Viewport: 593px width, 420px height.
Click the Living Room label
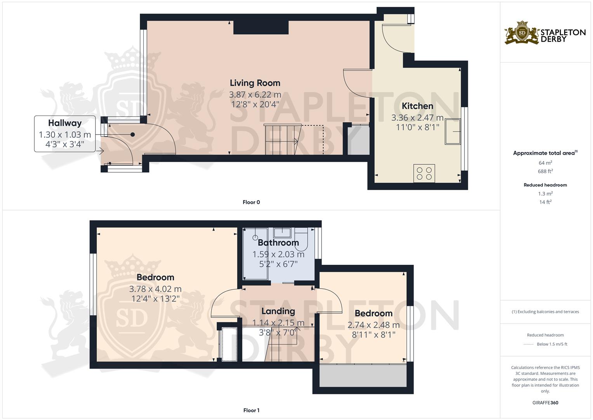255,83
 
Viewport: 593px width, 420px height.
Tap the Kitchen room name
417,106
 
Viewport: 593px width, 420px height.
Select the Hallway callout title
65,123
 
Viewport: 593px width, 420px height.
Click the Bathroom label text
278,243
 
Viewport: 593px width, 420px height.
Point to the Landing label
278,311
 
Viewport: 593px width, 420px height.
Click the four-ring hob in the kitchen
424,173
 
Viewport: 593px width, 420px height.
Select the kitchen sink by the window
452,131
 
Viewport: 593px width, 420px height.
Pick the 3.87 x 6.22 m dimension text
255,94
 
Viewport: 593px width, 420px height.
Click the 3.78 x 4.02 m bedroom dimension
155,289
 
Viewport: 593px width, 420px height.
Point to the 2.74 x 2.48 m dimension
373,325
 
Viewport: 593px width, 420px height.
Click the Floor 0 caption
251,202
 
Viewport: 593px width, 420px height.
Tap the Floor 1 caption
251,410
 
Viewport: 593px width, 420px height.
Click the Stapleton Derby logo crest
522,33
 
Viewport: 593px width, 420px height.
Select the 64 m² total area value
545,163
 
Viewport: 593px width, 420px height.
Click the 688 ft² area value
545,171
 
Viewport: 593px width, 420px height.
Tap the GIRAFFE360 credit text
545,402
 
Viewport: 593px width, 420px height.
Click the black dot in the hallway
132,135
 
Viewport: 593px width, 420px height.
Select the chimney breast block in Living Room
261,28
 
